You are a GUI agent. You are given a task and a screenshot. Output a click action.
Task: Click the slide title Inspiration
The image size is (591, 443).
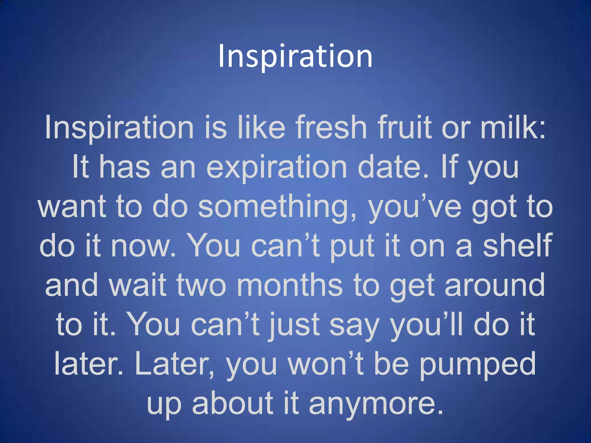pyautogui.click(x=295, y=56)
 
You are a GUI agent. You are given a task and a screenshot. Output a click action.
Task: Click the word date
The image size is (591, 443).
pyautogui.click(x=392, y=167)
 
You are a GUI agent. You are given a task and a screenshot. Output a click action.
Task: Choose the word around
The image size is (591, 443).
pyautogui.click(x=495, y=285)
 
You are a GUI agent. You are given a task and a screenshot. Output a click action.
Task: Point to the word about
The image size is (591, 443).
pyautogui.click(x=233, y=403)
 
